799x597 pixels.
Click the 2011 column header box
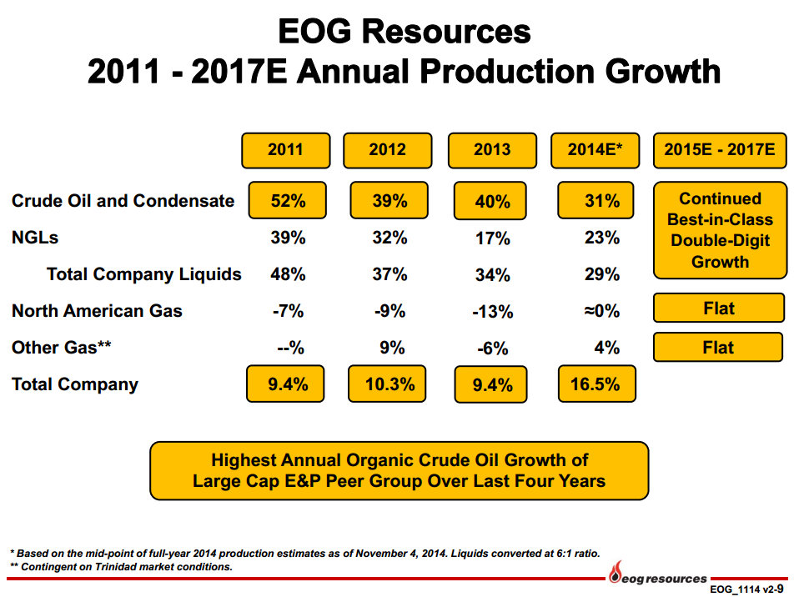(285, 150)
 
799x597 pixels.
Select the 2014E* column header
(591, 150)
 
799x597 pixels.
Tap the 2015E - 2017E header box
(719, 150)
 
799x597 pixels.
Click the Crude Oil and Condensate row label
(123, 201)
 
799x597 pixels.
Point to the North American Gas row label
(97, 311)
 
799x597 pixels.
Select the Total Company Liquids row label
(144, 274)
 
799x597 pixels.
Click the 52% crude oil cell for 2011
(287, 201)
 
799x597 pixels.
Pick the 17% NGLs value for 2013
(492, 239)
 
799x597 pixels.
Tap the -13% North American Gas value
(492, 312)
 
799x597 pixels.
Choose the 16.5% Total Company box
(595, 384)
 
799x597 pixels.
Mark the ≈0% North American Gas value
(601, 311)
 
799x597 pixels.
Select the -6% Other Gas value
(492, 349)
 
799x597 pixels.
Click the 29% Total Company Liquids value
(601, 274)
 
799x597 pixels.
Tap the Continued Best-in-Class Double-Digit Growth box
(720, 230)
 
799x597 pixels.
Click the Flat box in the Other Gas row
(718, 347)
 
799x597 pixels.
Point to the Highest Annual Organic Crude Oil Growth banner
(399, 470)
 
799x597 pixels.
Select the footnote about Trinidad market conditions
(121, 567)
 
